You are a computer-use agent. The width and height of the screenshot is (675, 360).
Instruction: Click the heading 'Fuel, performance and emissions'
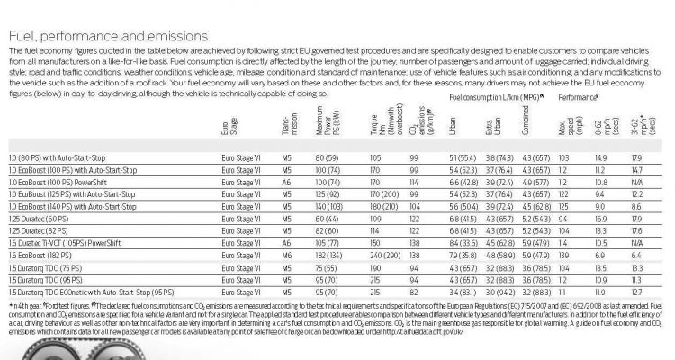tap(107, 36)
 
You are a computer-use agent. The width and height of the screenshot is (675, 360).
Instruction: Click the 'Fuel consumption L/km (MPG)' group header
tap(490, 94)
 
